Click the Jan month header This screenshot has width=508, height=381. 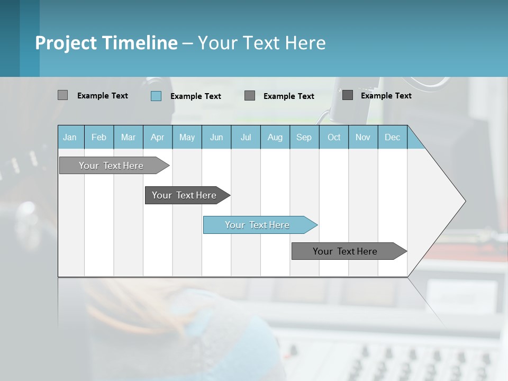70,137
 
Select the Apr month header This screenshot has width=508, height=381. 157,137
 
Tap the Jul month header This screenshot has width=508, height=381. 246,137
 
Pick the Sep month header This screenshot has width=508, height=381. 304,137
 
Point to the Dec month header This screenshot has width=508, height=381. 392,137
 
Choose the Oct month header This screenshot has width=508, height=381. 334,137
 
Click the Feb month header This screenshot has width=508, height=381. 99,137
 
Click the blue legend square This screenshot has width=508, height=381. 156,96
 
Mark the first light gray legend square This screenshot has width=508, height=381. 63,95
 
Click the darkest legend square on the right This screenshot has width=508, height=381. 348,95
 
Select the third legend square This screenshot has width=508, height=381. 250,96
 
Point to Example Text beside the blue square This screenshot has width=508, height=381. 196,96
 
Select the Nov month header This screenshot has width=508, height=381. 363,137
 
